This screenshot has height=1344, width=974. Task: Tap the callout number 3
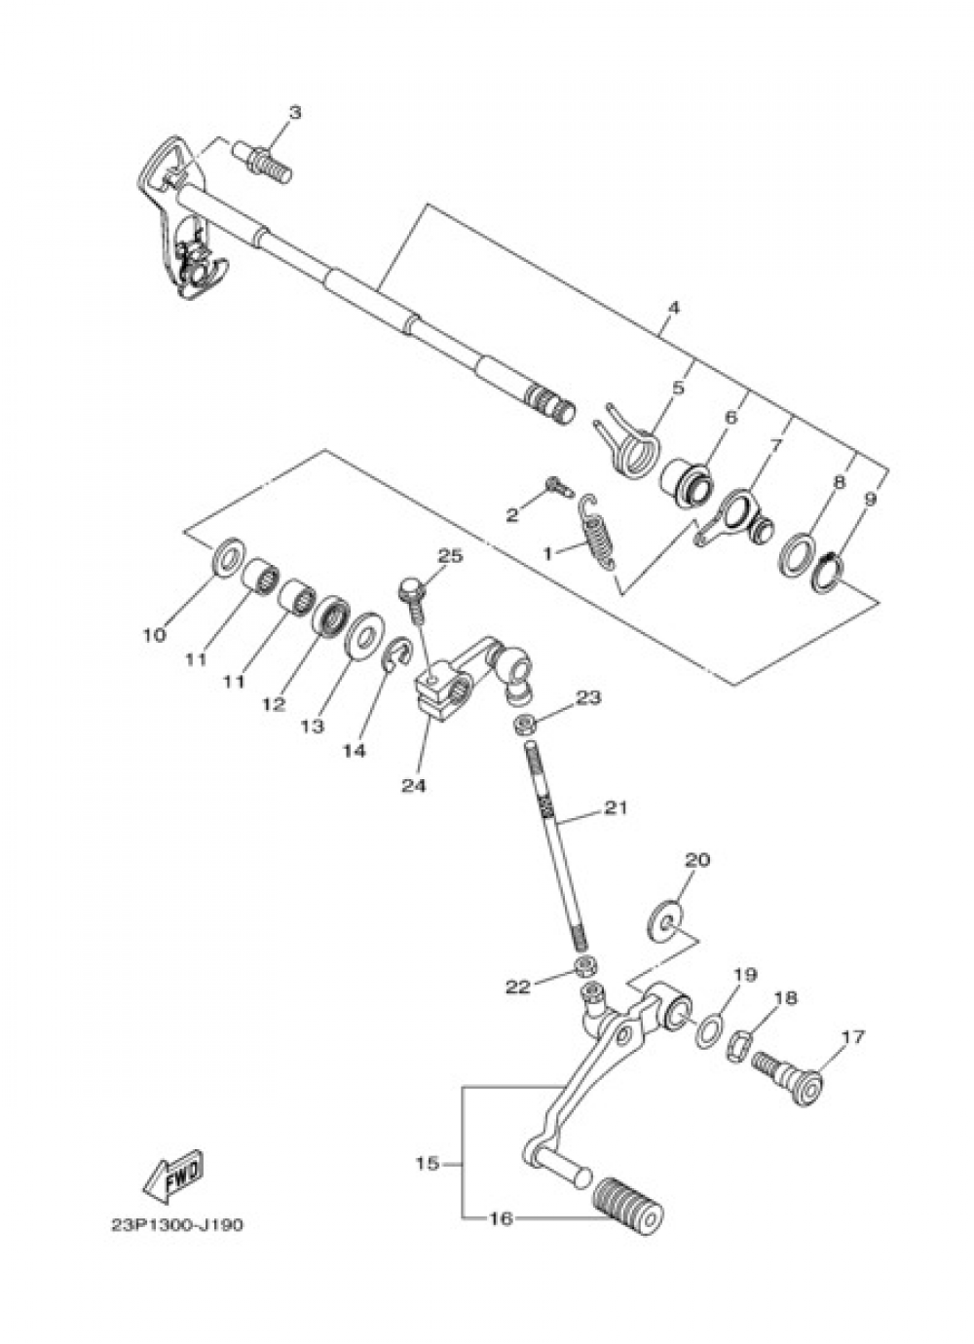tap(294, 113)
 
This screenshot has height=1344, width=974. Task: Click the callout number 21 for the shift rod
tap(616, 807)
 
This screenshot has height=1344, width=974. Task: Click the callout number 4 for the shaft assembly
tap(673, 308)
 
